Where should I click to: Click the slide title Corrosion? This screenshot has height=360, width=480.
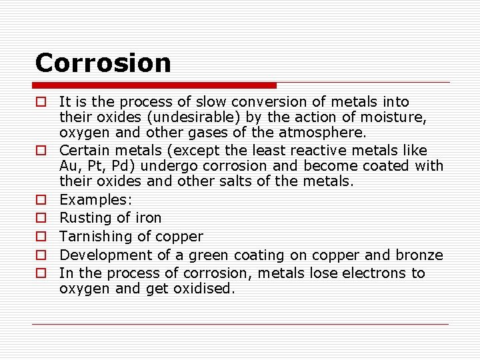click(103, 63)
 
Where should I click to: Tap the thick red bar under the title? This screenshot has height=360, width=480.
click(155, 85)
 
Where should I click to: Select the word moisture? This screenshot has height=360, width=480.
click(396, 118)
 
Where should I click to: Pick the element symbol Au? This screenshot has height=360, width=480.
click(68, 166)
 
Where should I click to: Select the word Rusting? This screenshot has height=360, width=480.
click(85, 218)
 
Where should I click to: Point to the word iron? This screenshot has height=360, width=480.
click(149, 218)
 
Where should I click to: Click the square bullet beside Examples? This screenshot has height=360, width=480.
click(41, 200)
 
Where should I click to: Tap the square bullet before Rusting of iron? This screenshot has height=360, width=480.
click(41, 218)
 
